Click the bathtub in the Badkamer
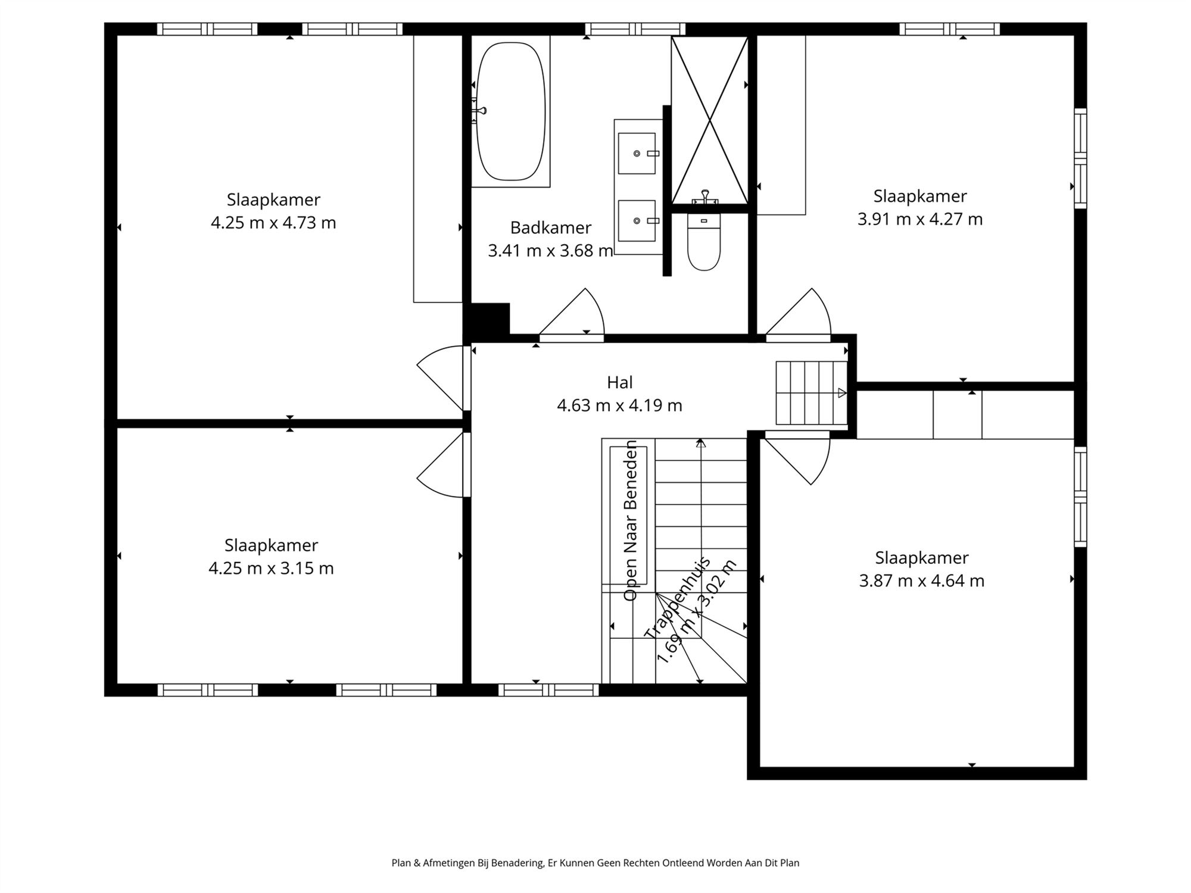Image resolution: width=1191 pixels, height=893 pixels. (510, 111)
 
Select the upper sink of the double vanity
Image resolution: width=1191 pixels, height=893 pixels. (637, 154)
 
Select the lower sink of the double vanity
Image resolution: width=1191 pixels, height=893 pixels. (637, 221)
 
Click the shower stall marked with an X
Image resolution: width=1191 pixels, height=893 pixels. (709, 120)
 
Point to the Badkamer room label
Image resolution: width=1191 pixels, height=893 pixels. (551, 227)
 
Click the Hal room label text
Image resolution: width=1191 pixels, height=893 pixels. (619, 382)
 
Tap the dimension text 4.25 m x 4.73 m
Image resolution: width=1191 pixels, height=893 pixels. (273, 223)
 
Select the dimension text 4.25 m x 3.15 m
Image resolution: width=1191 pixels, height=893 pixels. (271, 569)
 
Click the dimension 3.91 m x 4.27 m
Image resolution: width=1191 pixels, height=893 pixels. (920, 219)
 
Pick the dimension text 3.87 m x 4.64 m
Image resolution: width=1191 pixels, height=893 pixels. (922, 581)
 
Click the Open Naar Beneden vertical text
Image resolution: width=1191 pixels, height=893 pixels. (630, 520)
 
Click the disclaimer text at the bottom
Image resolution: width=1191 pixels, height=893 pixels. (595, 863)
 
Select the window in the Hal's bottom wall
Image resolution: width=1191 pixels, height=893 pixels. (548, 690)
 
